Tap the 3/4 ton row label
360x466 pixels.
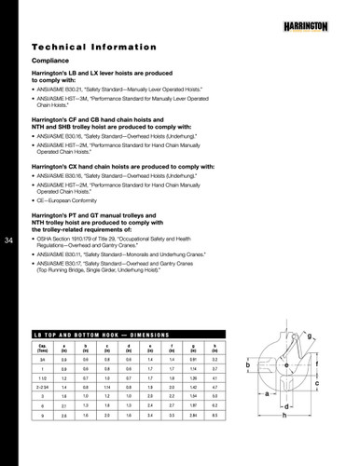click(43, 359)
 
